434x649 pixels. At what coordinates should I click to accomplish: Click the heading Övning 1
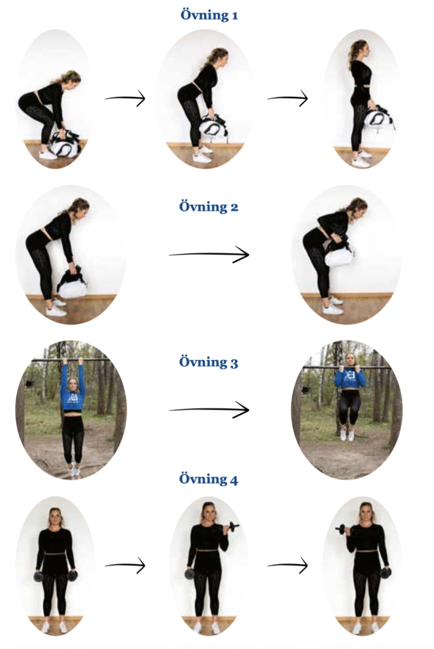click(209, 15)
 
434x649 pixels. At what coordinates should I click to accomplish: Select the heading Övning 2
click(208, 206)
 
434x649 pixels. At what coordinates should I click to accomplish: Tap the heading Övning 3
click(208, 362)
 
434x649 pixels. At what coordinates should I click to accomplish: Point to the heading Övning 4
click(208, 479)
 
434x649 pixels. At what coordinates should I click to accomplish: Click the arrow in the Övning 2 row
click(209, 254)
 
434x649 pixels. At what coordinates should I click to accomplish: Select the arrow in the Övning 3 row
click(209, 410)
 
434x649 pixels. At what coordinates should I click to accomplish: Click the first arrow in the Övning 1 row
click(125, 98)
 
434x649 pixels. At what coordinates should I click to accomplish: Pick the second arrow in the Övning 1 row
click(288, 98)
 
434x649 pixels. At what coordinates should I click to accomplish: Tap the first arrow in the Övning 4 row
click(125, 565)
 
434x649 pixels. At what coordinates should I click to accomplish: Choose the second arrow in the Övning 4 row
click(288, 565)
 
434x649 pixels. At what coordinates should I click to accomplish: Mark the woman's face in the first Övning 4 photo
click(55, 517)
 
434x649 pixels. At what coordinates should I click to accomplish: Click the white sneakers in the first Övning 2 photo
click(56, 307)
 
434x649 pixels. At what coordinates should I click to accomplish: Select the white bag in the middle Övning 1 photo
click(214, 127)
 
